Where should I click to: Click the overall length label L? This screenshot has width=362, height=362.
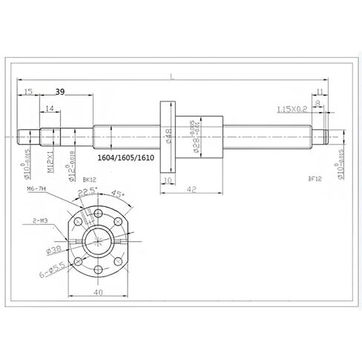coord(172,76)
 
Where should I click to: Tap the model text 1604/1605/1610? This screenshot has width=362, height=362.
coord(126,158)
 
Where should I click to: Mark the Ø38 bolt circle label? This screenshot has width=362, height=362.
coord(54,251)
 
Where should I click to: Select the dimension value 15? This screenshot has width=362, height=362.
coord(27,91)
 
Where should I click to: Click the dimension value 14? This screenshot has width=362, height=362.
coord(49,109)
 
